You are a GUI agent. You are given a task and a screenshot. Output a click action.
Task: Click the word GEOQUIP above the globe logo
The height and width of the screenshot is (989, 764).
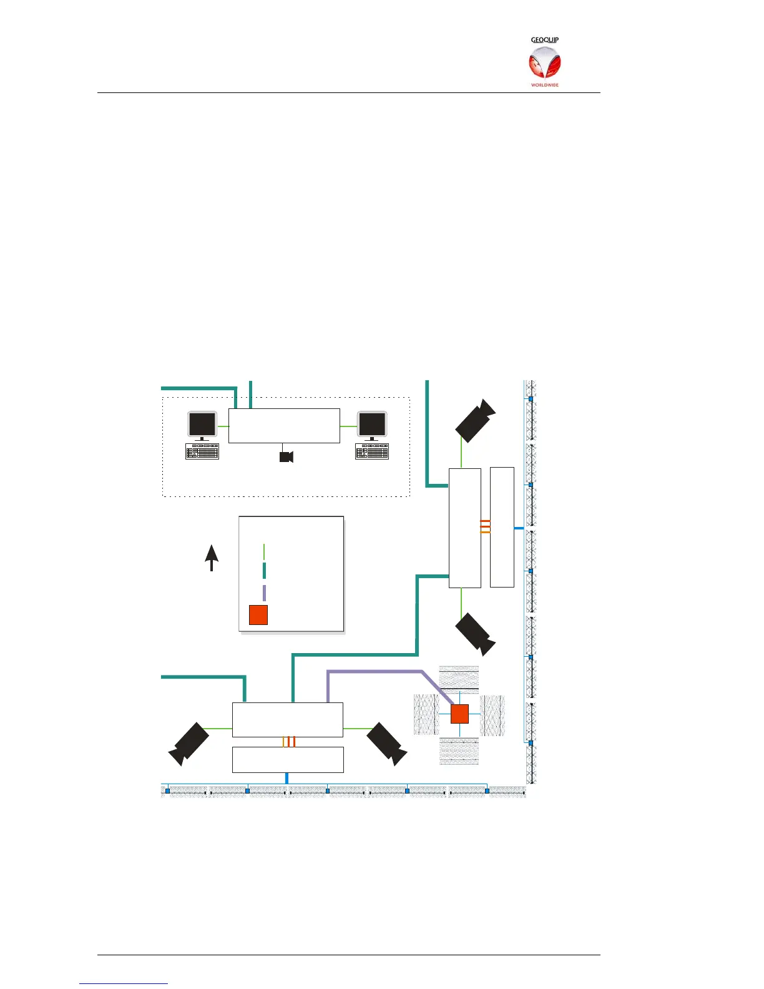click(x=544, y=40)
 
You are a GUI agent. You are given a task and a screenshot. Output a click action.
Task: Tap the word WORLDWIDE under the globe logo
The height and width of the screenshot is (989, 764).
click(x=544, y=85)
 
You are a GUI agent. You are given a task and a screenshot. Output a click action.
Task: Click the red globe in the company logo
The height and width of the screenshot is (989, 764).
click(x=544, y=64)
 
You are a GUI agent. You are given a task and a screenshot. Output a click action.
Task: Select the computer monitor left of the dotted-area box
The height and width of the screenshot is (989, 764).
click(x=202, y=426)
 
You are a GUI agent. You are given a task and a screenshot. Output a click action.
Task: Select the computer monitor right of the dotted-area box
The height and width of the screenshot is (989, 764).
click(x=372, y=426)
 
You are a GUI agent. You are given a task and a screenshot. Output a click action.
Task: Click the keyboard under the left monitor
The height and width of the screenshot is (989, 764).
click(x=202, y=451)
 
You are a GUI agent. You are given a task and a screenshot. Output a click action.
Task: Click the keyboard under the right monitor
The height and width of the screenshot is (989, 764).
click(x=372, y=451)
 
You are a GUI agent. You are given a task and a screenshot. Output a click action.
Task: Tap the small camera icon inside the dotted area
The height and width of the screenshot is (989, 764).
click(x=286, y=456)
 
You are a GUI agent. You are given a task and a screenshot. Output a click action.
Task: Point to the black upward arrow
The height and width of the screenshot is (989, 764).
click(x=212, y=557)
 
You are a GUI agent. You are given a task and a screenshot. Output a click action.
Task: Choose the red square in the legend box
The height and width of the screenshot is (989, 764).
click(x=258, y=614)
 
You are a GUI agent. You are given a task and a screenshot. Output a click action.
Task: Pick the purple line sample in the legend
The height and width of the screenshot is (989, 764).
click(x=265, y=593)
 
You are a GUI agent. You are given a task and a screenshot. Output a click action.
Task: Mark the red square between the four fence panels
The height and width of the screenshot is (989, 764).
click(x=459, y=714)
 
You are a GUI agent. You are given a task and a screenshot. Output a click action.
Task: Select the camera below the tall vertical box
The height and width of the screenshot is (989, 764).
click(x=476, y=634)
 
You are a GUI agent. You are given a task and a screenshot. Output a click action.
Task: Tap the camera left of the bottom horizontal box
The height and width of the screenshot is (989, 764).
click(x=189, y=743)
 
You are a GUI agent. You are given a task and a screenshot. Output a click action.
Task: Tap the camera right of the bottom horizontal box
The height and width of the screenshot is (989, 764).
click(x=387, y=743)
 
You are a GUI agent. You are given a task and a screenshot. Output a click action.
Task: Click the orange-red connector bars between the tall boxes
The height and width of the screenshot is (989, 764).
click(x=485, y=526)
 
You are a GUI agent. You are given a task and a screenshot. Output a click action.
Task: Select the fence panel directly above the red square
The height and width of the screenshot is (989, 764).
click(x=459, y=679)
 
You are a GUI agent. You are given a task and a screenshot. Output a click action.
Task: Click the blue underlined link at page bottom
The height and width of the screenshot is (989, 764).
click(x=124, y=983)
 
